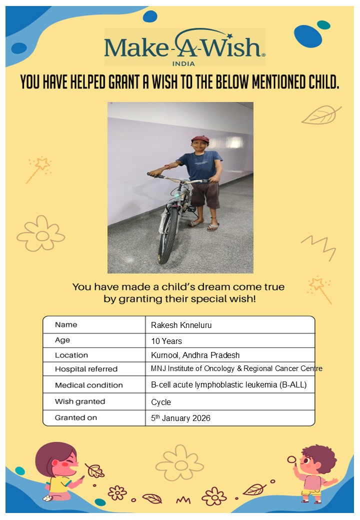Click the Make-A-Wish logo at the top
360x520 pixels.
184,47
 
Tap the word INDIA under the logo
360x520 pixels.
183,63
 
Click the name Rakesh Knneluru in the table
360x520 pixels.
181,325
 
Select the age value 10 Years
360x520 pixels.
166,341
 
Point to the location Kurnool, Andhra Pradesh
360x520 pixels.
195,355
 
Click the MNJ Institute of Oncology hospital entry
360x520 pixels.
236,369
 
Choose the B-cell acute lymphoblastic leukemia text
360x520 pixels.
228,385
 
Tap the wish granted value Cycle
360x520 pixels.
161,402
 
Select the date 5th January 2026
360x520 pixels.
180,418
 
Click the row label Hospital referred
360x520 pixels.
86,369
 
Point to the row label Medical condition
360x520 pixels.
88,385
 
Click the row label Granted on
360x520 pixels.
76,418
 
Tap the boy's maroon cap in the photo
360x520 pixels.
200,139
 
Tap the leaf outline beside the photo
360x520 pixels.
320,115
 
